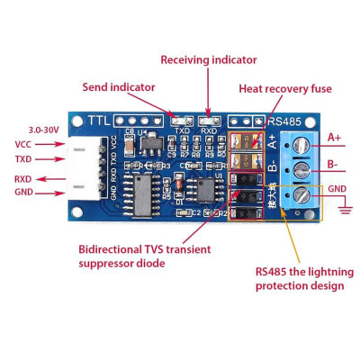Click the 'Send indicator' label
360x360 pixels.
[119, 87]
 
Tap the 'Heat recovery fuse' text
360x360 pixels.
[284, 89]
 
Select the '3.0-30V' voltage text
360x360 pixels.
[43, 130]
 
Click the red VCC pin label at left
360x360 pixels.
[24, 144]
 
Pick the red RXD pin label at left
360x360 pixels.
[24, 178]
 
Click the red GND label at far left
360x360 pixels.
[24, 193]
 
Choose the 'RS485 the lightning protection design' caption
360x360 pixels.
[300, 276]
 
